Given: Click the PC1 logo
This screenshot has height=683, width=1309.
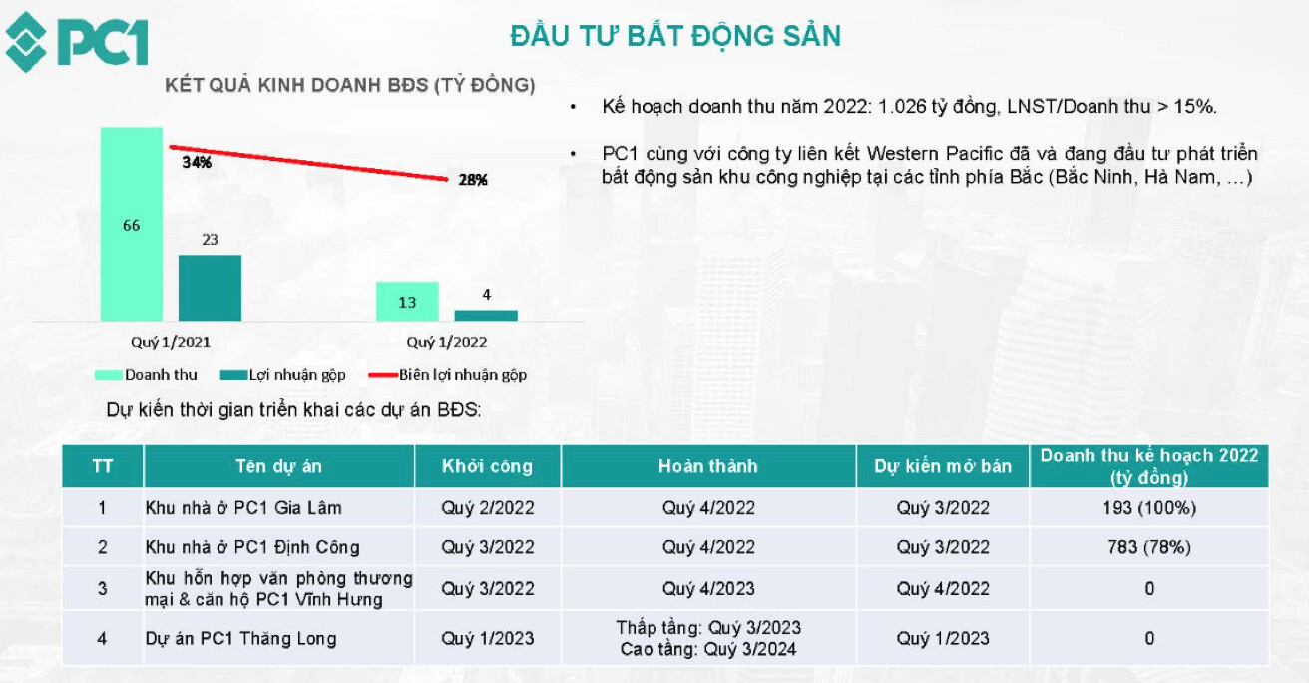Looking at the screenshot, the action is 77,42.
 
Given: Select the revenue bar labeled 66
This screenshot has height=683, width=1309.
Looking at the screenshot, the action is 132,224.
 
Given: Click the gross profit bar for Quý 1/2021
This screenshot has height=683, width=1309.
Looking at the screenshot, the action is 210,288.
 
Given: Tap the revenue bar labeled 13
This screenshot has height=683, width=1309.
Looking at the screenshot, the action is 407,302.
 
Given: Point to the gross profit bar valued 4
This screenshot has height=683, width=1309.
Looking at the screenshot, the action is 486,316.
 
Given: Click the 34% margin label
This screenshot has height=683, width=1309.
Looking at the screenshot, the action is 197,162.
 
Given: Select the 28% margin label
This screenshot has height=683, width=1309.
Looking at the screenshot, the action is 473,180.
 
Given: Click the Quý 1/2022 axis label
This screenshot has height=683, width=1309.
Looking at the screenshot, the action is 447,342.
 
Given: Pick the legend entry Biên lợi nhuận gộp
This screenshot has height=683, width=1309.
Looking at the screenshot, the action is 448,375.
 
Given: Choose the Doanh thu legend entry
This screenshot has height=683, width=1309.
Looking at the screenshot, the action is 146,375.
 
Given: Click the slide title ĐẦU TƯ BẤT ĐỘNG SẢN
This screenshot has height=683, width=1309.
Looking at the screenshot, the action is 675,36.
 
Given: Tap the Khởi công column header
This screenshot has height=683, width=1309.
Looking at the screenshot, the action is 487,466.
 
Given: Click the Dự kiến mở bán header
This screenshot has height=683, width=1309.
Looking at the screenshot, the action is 943,466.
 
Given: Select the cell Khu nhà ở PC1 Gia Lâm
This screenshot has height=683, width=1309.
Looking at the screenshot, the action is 243,508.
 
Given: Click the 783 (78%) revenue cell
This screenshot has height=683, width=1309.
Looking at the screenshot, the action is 1149,547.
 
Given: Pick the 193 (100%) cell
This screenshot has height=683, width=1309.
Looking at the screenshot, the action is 1149,508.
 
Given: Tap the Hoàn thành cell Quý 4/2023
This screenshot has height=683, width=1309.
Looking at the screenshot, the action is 708,589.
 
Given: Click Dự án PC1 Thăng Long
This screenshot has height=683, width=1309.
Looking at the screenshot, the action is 240,638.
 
